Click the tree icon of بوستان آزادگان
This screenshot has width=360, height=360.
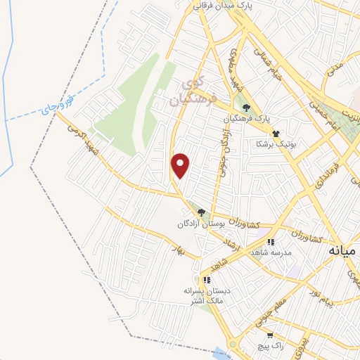(x=202, y=212)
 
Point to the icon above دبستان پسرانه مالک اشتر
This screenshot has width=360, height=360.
(x=205, y=279)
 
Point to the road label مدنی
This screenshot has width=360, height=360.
(x=336, y=68)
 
